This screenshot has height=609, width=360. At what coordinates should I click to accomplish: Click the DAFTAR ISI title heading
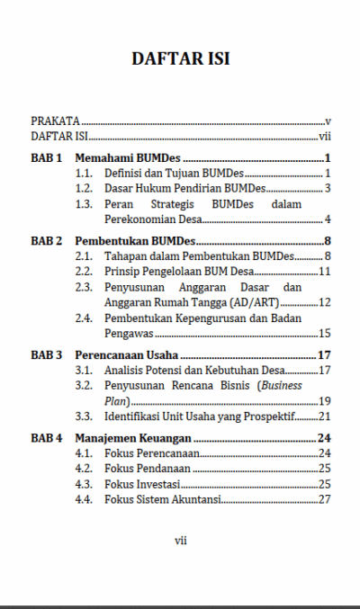[x=180, y=59]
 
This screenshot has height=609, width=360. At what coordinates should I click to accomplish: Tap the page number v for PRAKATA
[x=329, y=121]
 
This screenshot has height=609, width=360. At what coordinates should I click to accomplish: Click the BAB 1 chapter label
[x=47, y=158]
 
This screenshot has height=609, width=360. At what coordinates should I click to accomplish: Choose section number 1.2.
[x=85, y=188]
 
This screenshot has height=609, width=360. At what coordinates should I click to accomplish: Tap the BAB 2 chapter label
[x=47, y=241]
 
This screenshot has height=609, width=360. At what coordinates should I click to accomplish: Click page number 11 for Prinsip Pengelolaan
[x=326, y=271]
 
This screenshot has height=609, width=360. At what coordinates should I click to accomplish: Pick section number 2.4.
[x=85, y=318]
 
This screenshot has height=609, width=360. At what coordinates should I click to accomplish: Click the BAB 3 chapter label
[x=47, y=354]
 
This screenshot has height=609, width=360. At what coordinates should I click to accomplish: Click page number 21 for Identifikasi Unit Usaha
[x=326, y=416]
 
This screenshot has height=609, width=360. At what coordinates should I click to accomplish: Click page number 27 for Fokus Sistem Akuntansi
[x=326, y=499]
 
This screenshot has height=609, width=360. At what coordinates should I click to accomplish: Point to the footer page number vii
[x=180, y=540]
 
